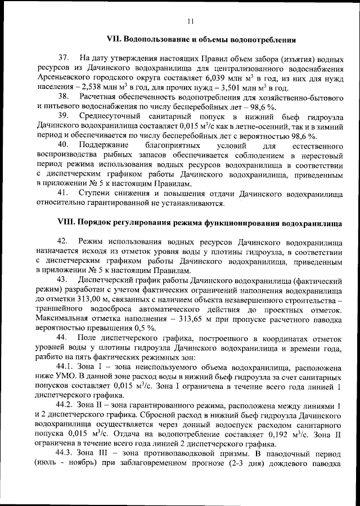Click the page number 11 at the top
(190, 21)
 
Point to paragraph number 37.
(63, 59)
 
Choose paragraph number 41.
(63, 194)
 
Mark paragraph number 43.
(63, 280)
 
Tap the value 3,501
(222, 88)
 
